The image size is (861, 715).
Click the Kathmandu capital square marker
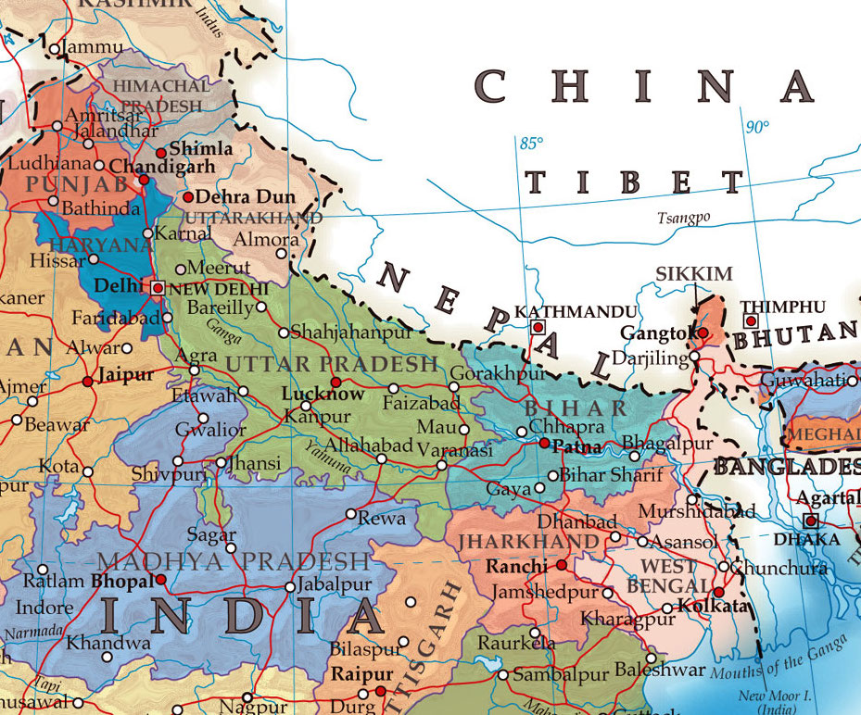click(x=537, y=328)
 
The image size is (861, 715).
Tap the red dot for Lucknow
click(x=336, y=382)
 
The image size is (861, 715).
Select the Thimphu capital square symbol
click(x=751, y=321)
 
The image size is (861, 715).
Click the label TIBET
click(x=635, y=182)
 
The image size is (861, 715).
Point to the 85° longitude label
click(x=531, y=144)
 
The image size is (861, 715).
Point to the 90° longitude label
click(x=757, y=127)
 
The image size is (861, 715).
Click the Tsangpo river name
click(x=683, y=218)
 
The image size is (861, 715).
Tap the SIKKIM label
click(x=694, y=274)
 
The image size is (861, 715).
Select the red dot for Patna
click(x=544, y=444)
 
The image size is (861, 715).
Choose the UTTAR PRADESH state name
click(x=331, y=364)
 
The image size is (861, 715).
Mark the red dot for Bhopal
click(x=161, y=580)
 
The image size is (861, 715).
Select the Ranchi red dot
click(x=562, y=564)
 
